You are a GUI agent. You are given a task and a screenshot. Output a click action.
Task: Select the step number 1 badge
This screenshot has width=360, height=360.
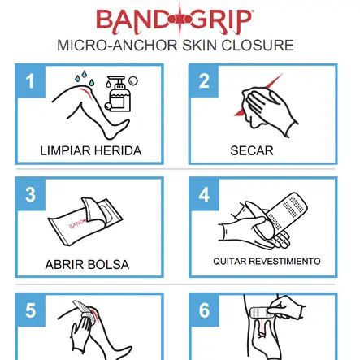pyautogui.click(x=30, y=81)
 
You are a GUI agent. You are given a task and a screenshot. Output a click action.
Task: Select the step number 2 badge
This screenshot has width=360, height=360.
pyautogui.click(x=204, y=81)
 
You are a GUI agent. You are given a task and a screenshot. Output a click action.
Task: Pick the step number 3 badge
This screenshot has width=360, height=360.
pyautogui.click(x=30, y=194)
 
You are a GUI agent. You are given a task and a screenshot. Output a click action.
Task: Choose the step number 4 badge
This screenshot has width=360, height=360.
pyautogui.click(x=204, y=194)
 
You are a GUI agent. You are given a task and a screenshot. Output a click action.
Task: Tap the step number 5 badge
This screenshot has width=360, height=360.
pyautogui.click(x=30, y=310)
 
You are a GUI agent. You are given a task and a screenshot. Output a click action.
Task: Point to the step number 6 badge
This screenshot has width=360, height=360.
pyautogui.click(x=204, y=310)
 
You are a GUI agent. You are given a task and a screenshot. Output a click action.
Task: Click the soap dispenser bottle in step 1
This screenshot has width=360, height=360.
pyautogui.click(x=119, y=94)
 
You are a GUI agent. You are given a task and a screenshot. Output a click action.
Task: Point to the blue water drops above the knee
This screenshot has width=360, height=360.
pyautogui.click(x=85, y=77)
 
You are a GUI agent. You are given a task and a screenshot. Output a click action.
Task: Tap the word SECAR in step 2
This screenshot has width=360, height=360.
pyautogui.click(x=252, y=151)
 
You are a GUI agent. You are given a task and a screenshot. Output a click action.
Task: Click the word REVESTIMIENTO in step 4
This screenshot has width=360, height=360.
pyautogui.click(x=284, y=262)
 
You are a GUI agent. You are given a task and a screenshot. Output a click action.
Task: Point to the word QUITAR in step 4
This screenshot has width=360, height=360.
pyautogui.click(x=230, y=262)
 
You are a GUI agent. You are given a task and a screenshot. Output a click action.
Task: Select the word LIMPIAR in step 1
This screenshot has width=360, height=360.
pyautogui.click(x=65, y=151)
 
